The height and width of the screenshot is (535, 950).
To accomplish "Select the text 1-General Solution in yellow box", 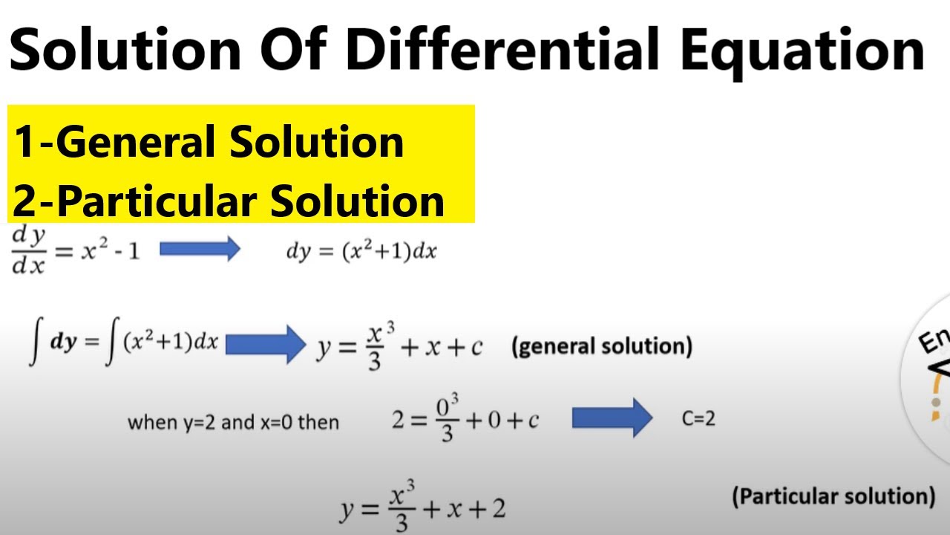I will (209, 141).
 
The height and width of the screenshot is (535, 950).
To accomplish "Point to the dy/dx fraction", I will (29, 250).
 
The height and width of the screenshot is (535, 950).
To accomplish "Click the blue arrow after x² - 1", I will (200, 249).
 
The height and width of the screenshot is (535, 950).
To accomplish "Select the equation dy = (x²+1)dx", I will (361, 252).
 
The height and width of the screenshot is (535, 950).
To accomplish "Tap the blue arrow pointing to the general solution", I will (265, 344).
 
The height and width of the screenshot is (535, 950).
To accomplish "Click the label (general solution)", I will (601, 346).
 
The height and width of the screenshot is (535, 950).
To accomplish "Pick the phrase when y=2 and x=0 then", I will (233, 423).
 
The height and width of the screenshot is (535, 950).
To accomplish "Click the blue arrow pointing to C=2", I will (612, 419).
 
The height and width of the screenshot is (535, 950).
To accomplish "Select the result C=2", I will (698, 419).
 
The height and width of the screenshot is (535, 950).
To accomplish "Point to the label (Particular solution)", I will (833, 496).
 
